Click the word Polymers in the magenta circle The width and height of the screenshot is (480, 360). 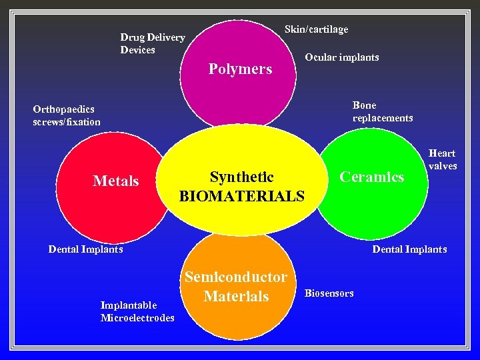coord(240,69)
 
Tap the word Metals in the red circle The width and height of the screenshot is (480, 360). coord(116,181)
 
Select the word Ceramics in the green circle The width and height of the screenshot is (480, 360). coord(372,177)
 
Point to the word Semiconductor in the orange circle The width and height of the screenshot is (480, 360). coord(236,277)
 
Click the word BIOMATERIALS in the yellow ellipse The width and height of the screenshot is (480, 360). coord(241,197)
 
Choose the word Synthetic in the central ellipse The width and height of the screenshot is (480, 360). coord(241,177)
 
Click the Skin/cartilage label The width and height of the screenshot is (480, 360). coord(316,29)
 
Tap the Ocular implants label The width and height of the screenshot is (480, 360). coord(342,57)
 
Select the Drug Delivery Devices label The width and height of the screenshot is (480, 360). coord(152,43)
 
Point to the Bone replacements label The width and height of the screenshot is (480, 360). coord(383,111)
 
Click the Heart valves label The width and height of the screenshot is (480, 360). coord(443,159)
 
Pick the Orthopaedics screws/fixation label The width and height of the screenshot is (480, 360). coord(67,115)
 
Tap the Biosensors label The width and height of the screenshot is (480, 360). coord(329,293)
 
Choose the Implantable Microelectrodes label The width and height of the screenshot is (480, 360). coord(137,311)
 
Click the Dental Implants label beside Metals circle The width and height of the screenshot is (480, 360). coord(85,249)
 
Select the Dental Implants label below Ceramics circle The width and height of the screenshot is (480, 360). coord(409,249)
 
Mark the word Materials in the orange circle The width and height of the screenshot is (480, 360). coord(236,297)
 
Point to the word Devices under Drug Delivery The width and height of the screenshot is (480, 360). coord(137,50)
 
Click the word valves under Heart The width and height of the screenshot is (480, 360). coord(443,166)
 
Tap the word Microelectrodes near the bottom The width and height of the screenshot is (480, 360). coord(137,318)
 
